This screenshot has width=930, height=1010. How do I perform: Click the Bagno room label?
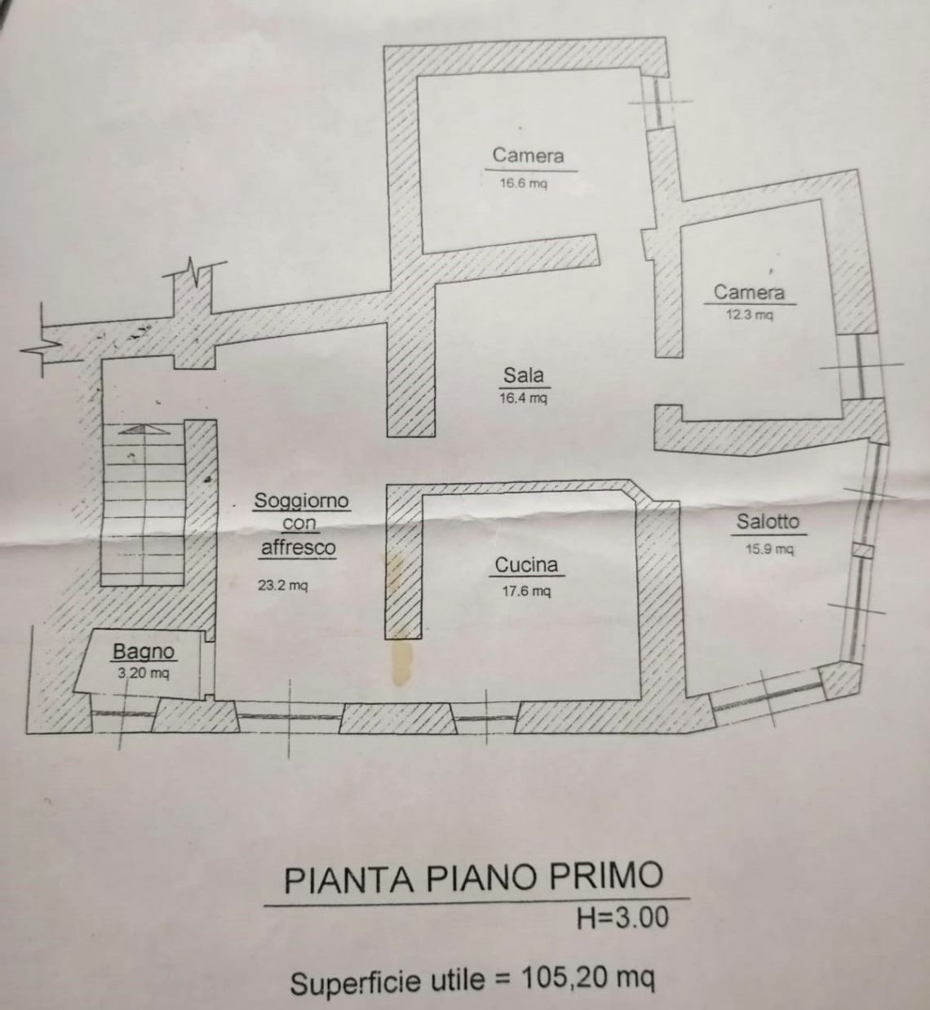coord(144,652)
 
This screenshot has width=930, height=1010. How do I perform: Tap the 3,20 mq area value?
coord(144,673)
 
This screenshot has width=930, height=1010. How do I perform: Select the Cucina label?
coord(526,565)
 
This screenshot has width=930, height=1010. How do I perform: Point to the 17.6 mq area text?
coord(526,591)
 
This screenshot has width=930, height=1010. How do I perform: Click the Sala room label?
coord(524,375)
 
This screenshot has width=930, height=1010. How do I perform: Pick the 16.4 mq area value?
coord(524,398)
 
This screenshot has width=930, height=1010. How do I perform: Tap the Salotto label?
coord(768,521)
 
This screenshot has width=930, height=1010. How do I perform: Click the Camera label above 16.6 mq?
coord(528,155)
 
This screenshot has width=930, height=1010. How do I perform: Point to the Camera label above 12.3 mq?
coord(749,292)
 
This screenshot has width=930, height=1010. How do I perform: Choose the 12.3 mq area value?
coord(749,314)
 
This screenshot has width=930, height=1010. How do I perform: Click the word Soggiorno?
coord(301,500)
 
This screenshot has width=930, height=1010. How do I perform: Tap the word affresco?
coord(298,547)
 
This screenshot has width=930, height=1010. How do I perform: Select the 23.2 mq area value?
coord(282,585)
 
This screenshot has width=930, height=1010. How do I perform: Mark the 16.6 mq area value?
coord(524,183)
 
